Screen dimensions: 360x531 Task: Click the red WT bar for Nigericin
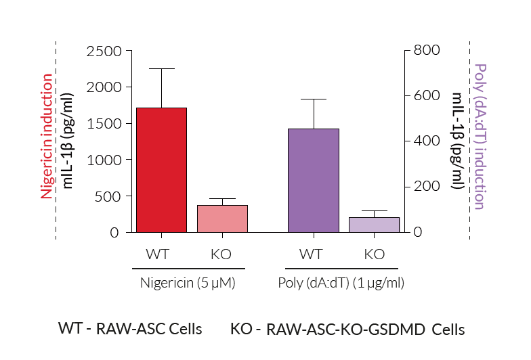click(161, 170)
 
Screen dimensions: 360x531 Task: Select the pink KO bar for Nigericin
click(222, 219)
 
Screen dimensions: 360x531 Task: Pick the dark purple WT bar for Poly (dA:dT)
click(314, 181)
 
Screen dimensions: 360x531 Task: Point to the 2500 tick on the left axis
click(104, 51)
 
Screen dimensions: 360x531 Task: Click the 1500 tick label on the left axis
click(104, 124)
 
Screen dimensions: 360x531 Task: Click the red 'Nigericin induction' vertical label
click(46, 135)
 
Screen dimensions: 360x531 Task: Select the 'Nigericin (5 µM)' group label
click(188, 283)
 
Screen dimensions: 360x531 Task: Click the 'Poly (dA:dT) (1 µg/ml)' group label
click(341, 283)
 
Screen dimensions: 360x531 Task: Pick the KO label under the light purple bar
click(374, 254)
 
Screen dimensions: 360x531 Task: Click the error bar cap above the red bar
click(161, 68)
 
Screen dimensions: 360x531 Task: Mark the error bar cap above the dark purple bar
click(314, 99)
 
